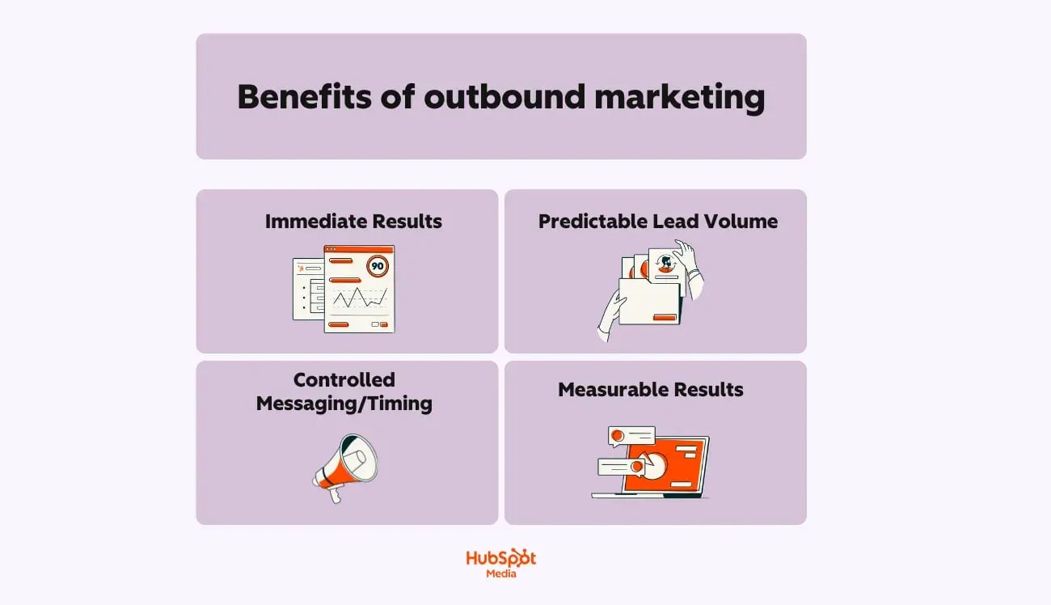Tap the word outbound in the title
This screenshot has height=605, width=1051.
[504, 97]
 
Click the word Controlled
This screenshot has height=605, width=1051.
[344, 379]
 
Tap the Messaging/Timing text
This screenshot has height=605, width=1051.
[344, 403]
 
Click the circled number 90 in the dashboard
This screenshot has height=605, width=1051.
[378, 264]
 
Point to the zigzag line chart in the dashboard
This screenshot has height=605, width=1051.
[360, 298]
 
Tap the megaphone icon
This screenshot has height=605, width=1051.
[348, 465]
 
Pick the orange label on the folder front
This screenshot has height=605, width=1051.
[664, 317]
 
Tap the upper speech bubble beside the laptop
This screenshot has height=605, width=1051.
[631, 436]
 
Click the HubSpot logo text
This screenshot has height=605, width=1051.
[501, 558]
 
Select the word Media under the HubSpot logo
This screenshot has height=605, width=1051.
[501, 574]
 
